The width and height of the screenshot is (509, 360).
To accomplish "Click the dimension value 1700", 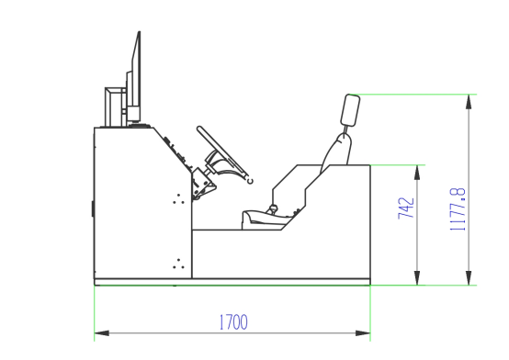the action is (233, 322).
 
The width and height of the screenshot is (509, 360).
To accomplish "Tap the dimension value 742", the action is (406, 208).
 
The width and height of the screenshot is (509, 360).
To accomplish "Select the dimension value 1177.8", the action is (458, 209).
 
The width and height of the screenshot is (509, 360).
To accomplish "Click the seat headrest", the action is (350, 110).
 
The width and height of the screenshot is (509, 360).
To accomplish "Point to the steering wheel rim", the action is (222, 152).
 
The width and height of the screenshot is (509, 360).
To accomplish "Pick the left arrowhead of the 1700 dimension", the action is (102, 333).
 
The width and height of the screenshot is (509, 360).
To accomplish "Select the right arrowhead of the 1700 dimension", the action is (363, 333).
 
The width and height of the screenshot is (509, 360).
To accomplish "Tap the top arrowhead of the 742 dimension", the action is (417, 173).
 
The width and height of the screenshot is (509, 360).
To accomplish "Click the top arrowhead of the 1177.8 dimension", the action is (469, 102).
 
